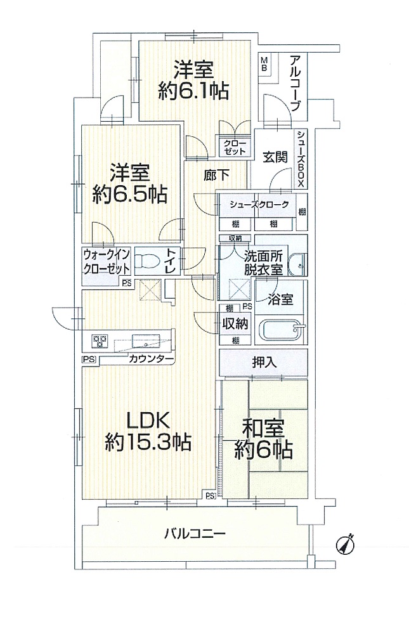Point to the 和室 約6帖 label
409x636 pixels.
pos(262,439)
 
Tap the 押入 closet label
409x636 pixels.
pos(263,363)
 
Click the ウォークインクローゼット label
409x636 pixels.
pos(107,261)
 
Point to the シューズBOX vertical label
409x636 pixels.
pos(301,158)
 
